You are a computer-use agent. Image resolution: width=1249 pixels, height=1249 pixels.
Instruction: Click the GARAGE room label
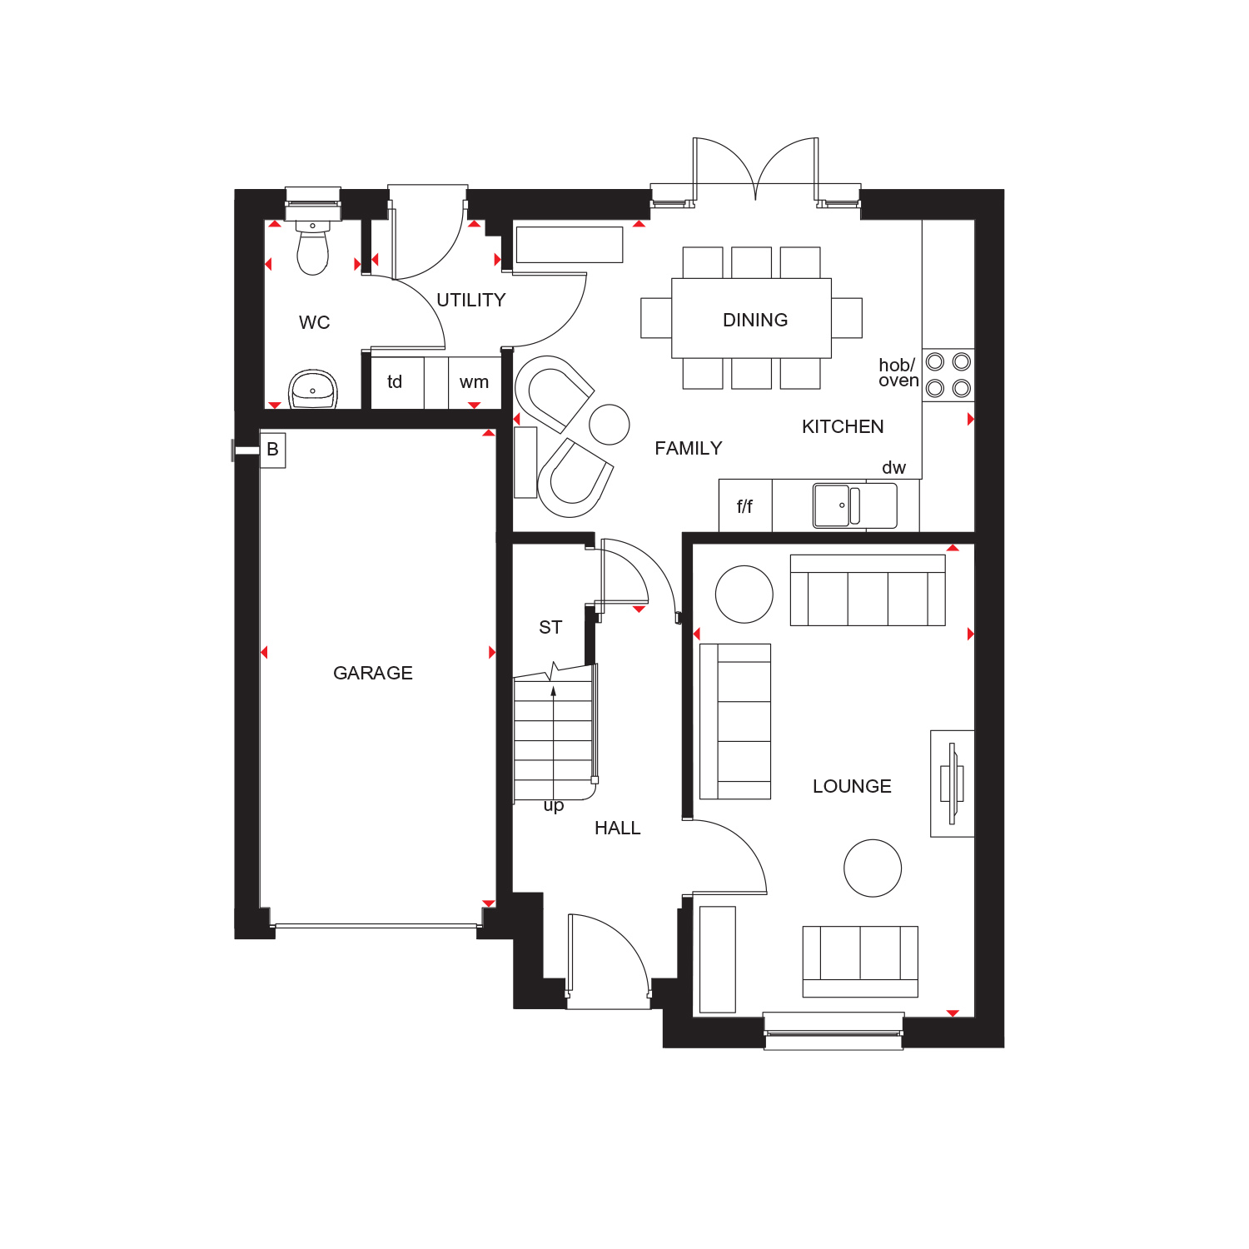tap(373, 673)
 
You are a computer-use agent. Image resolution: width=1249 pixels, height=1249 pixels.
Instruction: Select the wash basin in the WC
tap(313, 390)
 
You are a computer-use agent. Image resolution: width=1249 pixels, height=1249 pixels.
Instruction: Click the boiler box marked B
tap(272, 450)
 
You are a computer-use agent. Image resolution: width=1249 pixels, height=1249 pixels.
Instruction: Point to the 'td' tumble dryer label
tap(395, 381)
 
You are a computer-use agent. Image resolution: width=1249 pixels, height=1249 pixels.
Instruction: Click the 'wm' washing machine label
tap(474, 382)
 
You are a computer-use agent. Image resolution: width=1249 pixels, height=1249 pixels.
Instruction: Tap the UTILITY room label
tap(471, 300)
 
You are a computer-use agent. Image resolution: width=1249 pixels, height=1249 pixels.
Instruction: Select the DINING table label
tap(755, 320)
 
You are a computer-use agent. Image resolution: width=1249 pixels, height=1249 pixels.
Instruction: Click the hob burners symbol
tap(948, 375)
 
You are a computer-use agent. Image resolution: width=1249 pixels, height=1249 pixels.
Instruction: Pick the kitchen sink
tap(855, 505)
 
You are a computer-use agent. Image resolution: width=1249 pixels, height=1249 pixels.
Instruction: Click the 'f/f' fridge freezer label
tap(744, 506)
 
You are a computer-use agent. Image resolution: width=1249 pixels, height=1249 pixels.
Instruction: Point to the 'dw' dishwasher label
tap(893, 468)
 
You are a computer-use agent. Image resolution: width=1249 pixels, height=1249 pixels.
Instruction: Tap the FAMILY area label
tap(689, 448)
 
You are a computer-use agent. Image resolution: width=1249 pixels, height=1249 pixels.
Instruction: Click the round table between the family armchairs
tap(610, 424)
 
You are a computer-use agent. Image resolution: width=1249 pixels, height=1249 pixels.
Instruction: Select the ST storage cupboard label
tap(550, 627)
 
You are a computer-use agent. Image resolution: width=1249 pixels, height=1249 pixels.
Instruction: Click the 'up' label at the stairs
tap(554, 805)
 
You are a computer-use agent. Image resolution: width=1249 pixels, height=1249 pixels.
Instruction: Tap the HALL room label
tap(618, 828)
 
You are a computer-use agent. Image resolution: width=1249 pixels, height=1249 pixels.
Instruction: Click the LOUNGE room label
tap(852, 786)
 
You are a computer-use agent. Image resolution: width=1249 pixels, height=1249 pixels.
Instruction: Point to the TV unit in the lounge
tap(953, 784)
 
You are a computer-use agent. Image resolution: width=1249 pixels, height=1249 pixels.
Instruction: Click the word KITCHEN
tap(843, 426)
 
